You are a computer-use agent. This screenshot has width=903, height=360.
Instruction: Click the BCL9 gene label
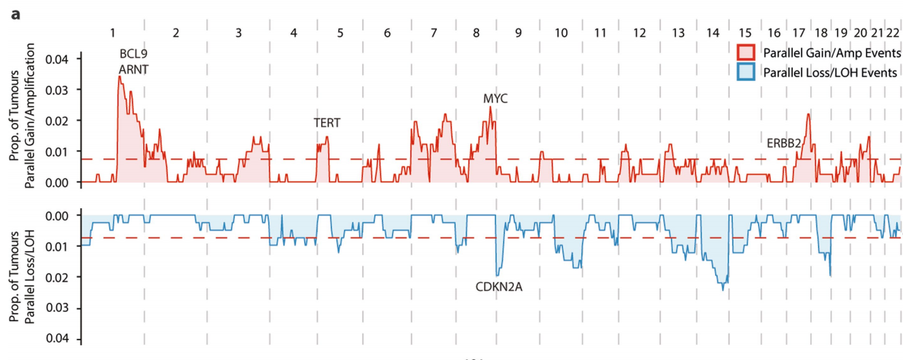pos(133,54)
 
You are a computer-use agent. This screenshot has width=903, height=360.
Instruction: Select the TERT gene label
pos(327,122)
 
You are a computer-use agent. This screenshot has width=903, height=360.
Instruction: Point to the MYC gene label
pos(495,99)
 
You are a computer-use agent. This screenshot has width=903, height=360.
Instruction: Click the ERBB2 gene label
pos(784,143)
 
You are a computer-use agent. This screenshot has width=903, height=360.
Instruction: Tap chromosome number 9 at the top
pos(518,32)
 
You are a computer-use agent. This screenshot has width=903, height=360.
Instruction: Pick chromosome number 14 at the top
pos(712,32)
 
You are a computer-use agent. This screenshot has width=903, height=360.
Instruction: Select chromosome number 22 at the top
pos(893,32)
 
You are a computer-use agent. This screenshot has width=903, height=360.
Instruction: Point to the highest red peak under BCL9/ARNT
pos(119,76)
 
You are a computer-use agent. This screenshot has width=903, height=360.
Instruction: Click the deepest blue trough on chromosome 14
pos(723,289)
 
